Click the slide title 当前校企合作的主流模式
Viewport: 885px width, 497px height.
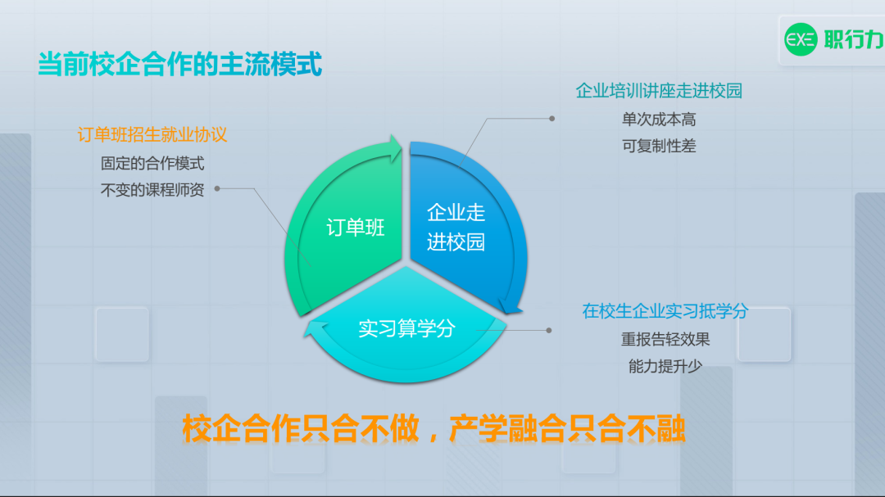click(x=179, y=64)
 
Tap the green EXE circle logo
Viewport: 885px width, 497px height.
click(x=801, y=39)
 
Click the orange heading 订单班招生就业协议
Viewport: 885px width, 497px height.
click(x=152, y=135)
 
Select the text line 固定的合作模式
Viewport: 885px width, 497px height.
click(x=152, y=164)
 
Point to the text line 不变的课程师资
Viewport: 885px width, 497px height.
click(x=152, y=190)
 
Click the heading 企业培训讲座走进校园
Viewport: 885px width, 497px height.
click(x=659, y=91)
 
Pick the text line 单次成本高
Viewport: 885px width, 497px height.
click(x=659, y=120)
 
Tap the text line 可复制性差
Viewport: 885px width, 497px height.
click(x=659, y=146)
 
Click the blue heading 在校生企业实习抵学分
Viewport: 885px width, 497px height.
click(x=665, y=311)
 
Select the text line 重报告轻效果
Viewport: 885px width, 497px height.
click(x=665, y=340)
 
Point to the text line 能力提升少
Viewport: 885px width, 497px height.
click(x=665, y=367)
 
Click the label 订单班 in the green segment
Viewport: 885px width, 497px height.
click(x=356, y=228)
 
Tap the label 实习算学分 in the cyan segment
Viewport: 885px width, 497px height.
click(x=406, y=328)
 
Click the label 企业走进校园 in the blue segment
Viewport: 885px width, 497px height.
click(x=456, y=228)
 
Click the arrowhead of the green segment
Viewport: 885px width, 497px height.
click(x=395, y=148)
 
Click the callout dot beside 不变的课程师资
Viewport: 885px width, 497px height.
click(x=217, y=188)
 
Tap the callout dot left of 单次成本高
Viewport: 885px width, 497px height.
click(x=552, y=119)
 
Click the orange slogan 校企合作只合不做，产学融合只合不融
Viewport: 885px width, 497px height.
click(x=433, y=429)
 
